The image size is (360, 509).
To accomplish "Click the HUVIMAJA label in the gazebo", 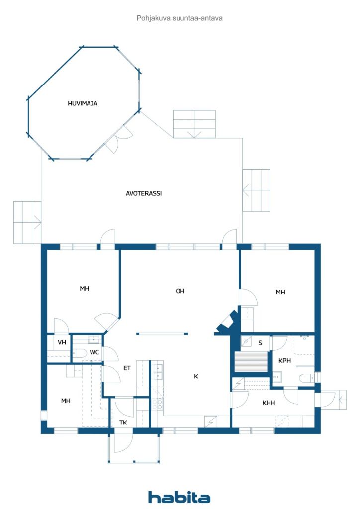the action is (83, 103).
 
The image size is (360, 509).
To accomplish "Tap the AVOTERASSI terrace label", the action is (144, 193).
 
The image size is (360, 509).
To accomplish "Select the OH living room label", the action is (180, 291).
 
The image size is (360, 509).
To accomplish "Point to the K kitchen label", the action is (196, 376).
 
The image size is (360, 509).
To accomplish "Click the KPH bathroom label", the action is (285, 361).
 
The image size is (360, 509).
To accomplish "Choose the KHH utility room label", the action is (269, 403).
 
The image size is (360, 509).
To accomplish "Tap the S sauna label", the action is (260, 343).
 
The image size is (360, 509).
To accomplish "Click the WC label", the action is (94, 352).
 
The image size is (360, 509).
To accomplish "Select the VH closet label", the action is (62, 342).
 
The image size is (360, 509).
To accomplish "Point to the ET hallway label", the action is (127, 368).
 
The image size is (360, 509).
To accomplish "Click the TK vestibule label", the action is (123, 423).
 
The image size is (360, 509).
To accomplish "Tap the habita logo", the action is (179, 497).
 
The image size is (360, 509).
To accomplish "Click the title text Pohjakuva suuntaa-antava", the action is (180, 18).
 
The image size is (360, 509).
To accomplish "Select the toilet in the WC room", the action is (79, 353).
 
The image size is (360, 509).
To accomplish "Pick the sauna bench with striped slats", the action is (251, 362).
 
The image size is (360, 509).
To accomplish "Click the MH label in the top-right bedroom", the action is (280, 292).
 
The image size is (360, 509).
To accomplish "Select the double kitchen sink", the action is (158, 372).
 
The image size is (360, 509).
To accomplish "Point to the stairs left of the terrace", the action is (27, 222).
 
